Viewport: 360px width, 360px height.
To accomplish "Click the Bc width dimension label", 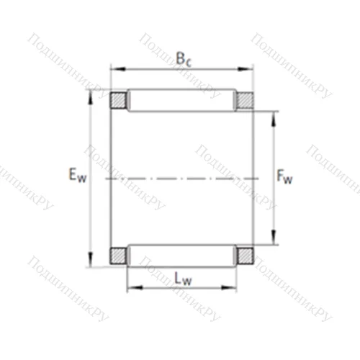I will tap(183, 60).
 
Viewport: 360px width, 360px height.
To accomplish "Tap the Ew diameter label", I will tap(76, 174).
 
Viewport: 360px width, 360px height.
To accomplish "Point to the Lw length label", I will tap(181, 276).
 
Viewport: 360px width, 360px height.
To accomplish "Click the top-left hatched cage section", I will tap(117, 100).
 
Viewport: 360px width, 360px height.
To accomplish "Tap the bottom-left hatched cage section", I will tap(117, 254).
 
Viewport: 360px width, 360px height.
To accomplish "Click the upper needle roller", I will tap(181, 100).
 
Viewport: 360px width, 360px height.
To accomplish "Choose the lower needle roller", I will tap(181, 254).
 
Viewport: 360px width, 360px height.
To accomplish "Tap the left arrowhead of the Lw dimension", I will tap(131, 288).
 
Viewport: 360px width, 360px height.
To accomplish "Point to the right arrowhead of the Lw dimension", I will tap(233, 288).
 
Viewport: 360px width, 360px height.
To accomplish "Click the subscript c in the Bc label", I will tap(188, 63).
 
